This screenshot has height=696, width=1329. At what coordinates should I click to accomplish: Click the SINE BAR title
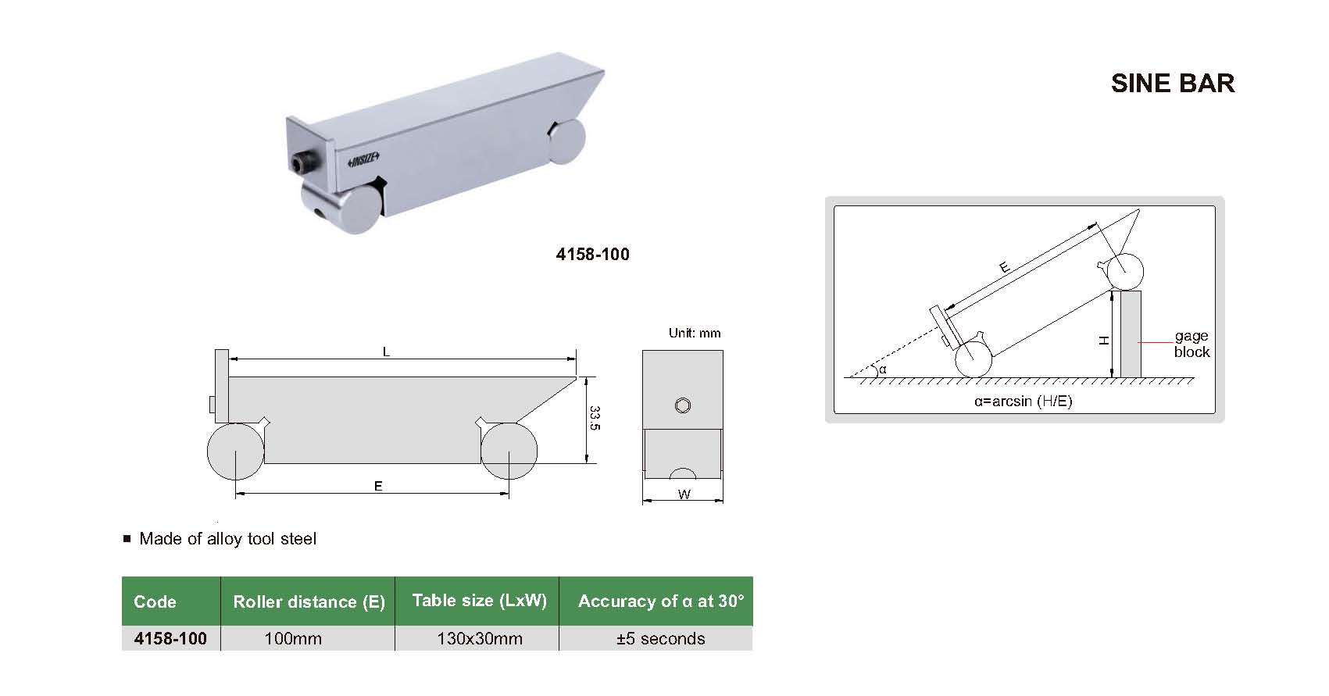tap(1173, 84)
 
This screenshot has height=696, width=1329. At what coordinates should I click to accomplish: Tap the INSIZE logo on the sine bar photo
tap(363, 159)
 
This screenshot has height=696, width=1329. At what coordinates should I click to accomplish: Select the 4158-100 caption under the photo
tap(592, 255)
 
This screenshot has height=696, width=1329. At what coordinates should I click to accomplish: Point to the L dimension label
tap(386, 352)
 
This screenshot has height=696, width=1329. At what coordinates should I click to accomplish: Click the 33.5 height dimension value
tap(595, 419)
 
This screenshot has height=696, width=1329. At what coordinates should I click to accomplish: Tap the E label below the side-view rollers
tap(378, 486)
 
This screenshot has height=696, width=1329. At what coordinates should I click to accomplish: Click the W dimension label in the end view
tap(684, 494)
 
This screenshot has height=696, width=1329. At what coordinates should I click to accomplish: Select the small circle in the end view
tap(683, 405)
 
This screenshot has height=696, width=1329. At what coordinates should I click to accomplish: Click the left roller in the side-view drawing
tap(235, 451)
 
